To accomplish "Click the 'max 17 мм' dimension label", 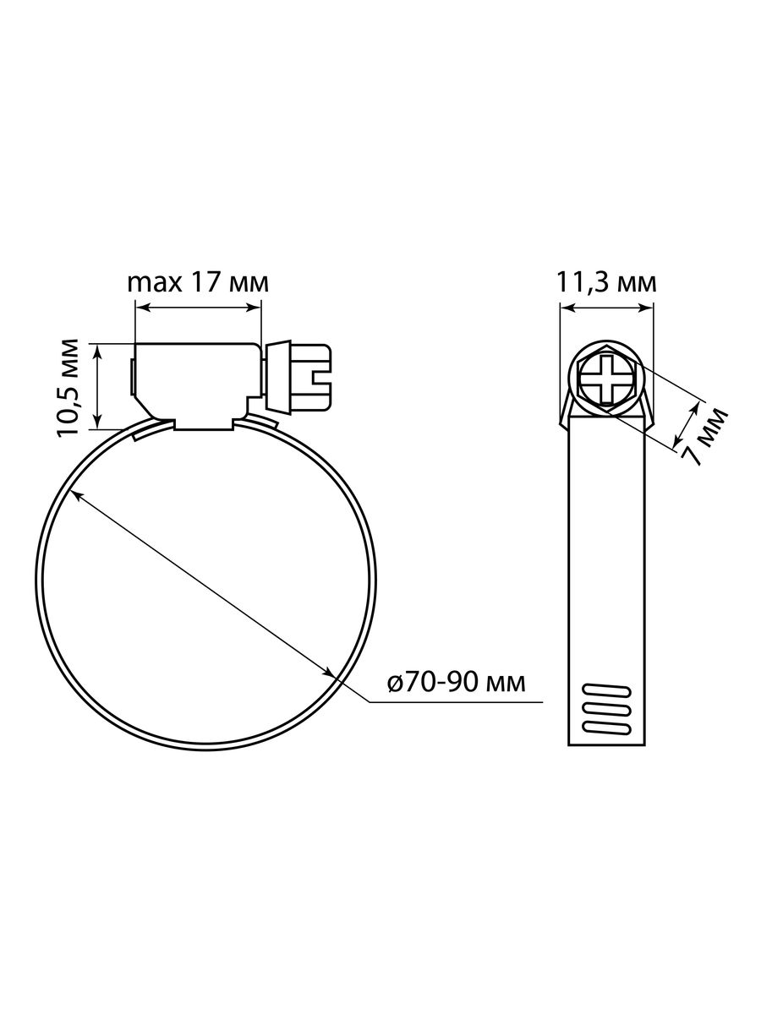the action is tap(198, 283).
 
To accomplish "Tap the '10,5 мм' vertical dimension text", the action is tap(68, 387).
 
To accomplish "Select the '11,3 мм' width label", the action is tap(605, 283).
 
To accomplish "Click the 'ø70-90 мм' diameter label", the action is tap(457, 682).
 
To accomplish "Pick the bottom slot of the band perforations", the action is tap(606, 728).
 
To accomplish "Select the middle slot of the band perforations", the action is tap(606, 709).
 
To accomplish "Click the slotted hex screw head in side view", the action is tap(311, 377).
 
